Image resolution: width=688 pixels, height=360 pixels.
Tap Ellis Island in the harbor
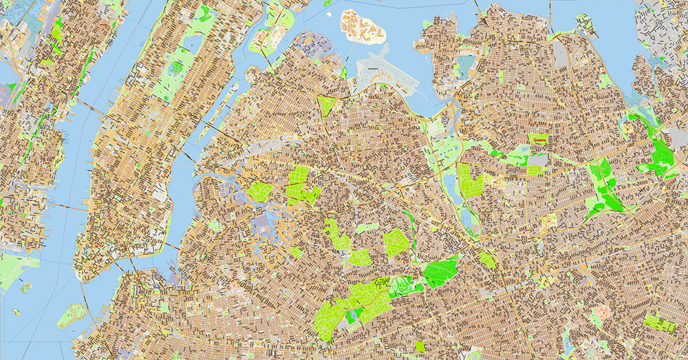pos(25,287)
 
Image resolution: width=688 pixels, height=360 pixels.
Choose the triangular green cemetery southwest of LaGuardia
pos(327,105)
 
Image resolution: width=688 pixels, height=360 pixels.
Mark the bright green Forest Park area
pos(440,272)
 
